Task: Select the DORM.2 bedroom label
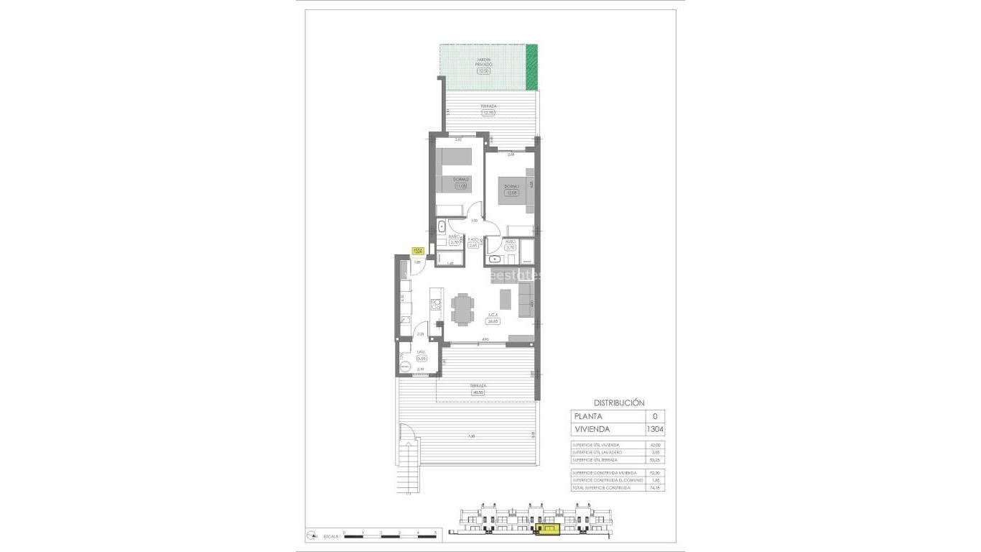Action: (x=460, y=180)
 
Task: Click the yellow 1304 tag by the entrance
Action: (x=417, y=251)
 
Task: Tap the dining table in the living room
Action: (x=462, y=310)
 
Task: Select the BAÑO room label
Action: (x=454, y=236)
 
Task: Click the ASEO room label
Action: (x=510, y=241)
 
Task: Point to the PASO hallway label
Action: (x=473, y=239)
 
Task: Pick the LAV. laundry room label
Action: (x=422, y=351)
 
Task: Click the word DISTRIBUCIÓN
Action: (x=619, y=403)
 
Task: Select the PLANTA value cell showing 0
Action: (x=654, y=416)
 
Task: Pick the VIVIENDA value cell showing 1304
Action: (x=654, y=430)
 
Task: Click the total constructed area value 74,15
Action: (x=654, y=488)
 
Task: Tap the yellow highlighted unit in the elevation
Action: (x=547, y=530)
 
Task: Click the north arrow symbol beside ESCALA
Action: (x=311, y=535)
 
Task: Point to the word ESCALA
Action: (x=331, y=536)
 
